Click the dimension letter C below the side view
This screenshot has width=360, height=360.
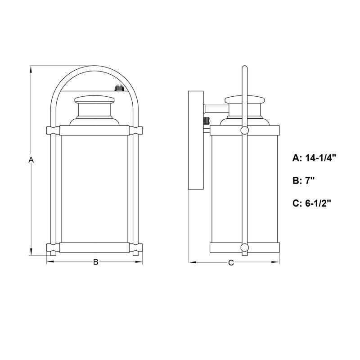[231, 263]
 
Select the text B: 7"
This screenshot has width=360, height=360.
[304, 180]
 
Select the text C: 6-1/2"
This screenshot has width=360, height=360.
[312, 203]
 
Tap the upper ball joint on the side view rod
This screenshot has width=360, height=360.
[244, 130]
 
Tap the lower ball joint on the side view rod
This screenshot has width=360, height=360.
[244, 247]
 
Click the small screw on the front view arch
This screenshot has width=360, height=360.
[119, 88]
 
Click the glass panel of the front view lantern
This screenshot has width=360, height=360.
[95, 189]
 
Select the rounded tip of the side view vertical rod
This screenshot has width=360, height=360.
[244, 68]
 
